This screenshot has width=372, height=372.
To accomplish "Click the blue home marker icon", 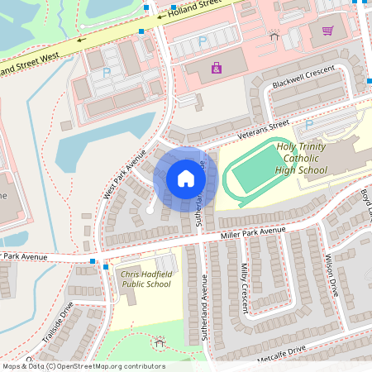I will [x=185, y=178].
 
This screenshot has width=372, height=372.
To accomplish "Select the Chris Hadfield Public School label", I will [x=145, y=279].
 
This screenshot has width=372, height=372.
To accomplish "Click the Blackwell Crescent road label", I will [x=303, y=79].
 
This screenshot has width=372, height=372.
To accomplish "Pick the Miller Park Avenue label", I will [x=252, y=233].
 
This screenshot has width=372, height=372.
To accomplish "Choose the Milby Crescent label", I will [x=245, y=288].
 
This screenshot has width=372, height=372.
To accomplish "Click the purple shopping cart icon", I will [x=327, y=31].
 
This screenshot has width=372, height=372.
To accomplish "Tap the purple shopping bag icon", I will [x=217, y=68].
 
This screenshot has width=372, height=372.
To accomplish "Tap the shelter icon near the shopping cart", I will [x=274, y=35].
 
